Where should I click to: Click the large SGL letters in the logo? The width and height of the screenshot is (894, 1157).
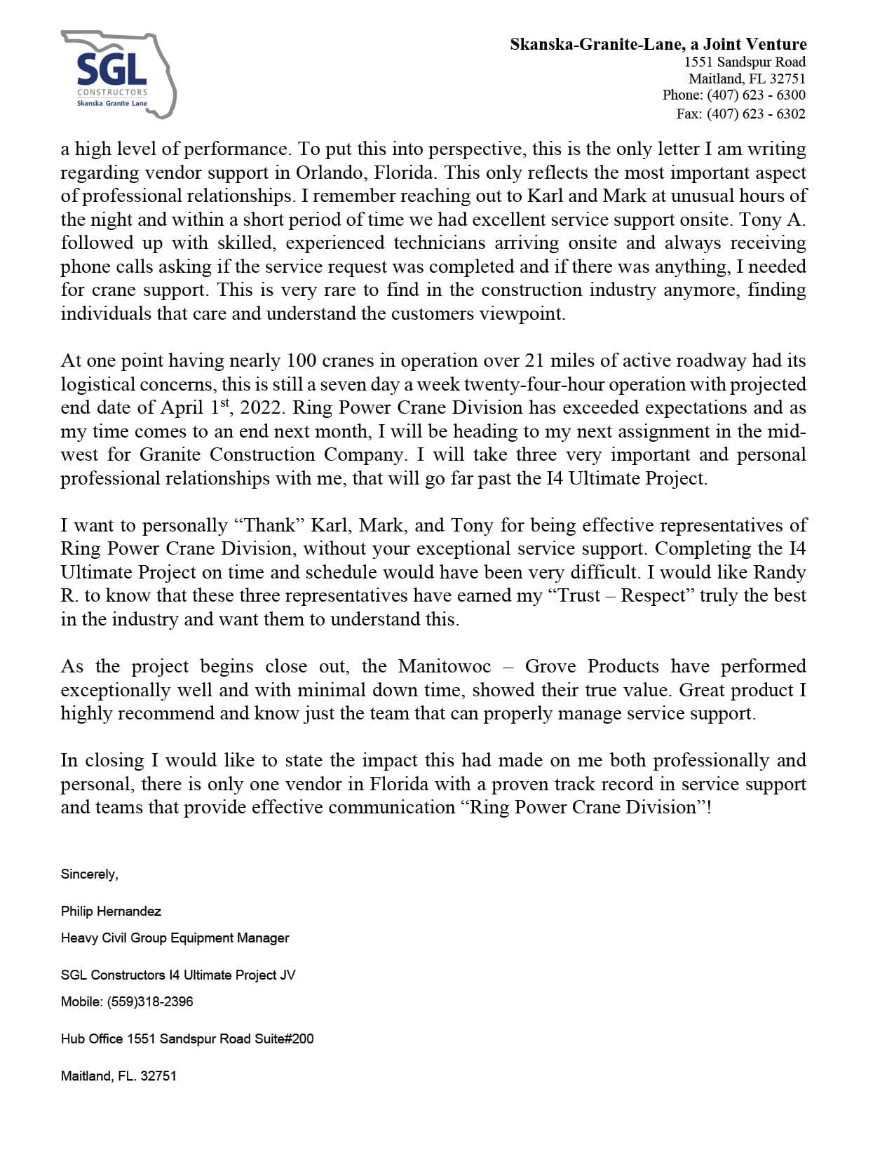111,69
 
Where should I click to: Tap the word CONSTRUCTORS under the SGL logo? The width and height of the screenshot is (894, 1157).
112,93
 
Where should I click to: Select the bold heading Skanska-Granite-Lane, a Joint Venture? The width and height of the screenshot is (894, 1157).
658,44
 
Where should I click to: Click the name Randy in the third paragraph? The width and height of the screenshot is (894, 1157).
779,572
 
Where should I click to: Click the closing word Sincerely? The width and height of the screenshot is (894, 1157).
89,874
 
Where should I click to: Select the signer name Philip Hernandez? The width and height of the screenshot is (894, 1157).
111,912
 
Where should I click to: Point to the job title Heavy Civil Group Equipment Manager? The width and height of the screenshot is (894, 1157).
175,938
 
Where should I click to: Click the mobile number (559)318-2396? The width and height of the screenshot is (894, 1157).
150,1002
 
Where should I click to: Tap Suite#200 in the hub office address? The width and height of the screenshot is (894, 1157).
283,1039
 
